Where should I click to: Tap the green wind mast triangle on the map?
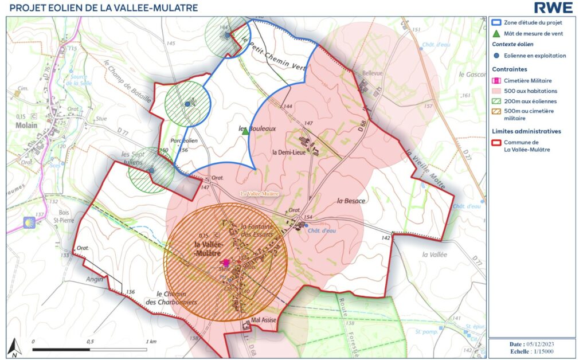coord(245,131)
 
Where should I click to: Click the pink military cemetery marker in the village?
coord(226,262)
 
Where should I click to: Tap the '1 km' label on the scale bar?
coord(151,341)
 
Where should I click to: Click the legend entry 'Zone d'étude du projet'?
coord(533,22)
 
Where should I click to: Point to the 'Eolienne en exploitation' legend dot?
coord(497,56)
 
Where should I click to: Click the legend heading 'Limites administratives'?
coord(526,131)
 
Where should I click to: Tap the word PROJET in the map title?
coord(26,7)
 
